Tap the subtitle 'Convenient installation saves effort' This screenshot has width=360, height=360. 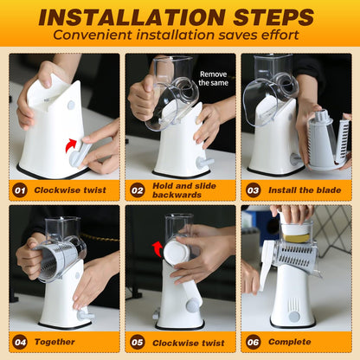point(179,35)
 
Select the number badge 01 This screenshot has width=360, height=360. point(20,190)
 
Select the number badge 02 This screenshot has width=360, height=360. point(137,190)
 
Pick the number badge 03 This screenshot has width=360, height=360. point(253,190)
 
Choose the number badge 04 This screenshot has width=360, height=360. point(20,342)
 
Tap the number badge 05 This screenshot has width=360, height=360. point(137,342)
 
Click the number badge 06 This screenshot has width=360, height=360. point(253,342)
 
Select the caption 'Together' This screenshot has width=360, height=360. point(54,342)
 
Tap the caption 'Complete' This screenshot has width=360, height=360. point(291,342)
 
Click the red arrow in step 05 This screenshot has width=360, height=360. point(157,249)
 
